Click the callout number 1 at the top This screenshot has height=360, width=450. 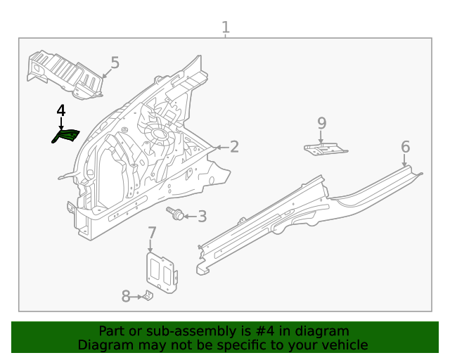click(x=226, y=27)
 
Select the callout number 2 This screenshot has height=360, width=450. click(x=234, y=146)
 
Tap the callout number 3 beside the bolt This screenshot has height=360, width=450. click(x=202, y=217)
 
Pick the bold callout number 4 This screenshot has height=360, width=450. click(x=61, y=111)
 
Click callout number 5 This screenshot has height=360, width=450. click(x=115, y=63)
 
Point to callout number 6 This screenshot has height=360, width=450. click(x=405, y=146)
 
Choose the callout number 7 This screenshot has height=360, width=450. click(x=152, y=233)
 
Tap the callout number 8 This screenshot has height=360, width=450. click(x=126, y=297)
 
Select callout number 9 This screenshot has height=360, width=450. click(x=322, y=123)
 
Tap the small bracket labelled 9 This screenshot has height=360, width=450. click(x=325, y=149)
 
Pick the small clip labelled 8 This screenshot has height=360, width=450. click(x=148, y=296)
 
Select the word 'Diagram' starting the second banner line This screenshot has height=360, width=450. click(x=102, y=345)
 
